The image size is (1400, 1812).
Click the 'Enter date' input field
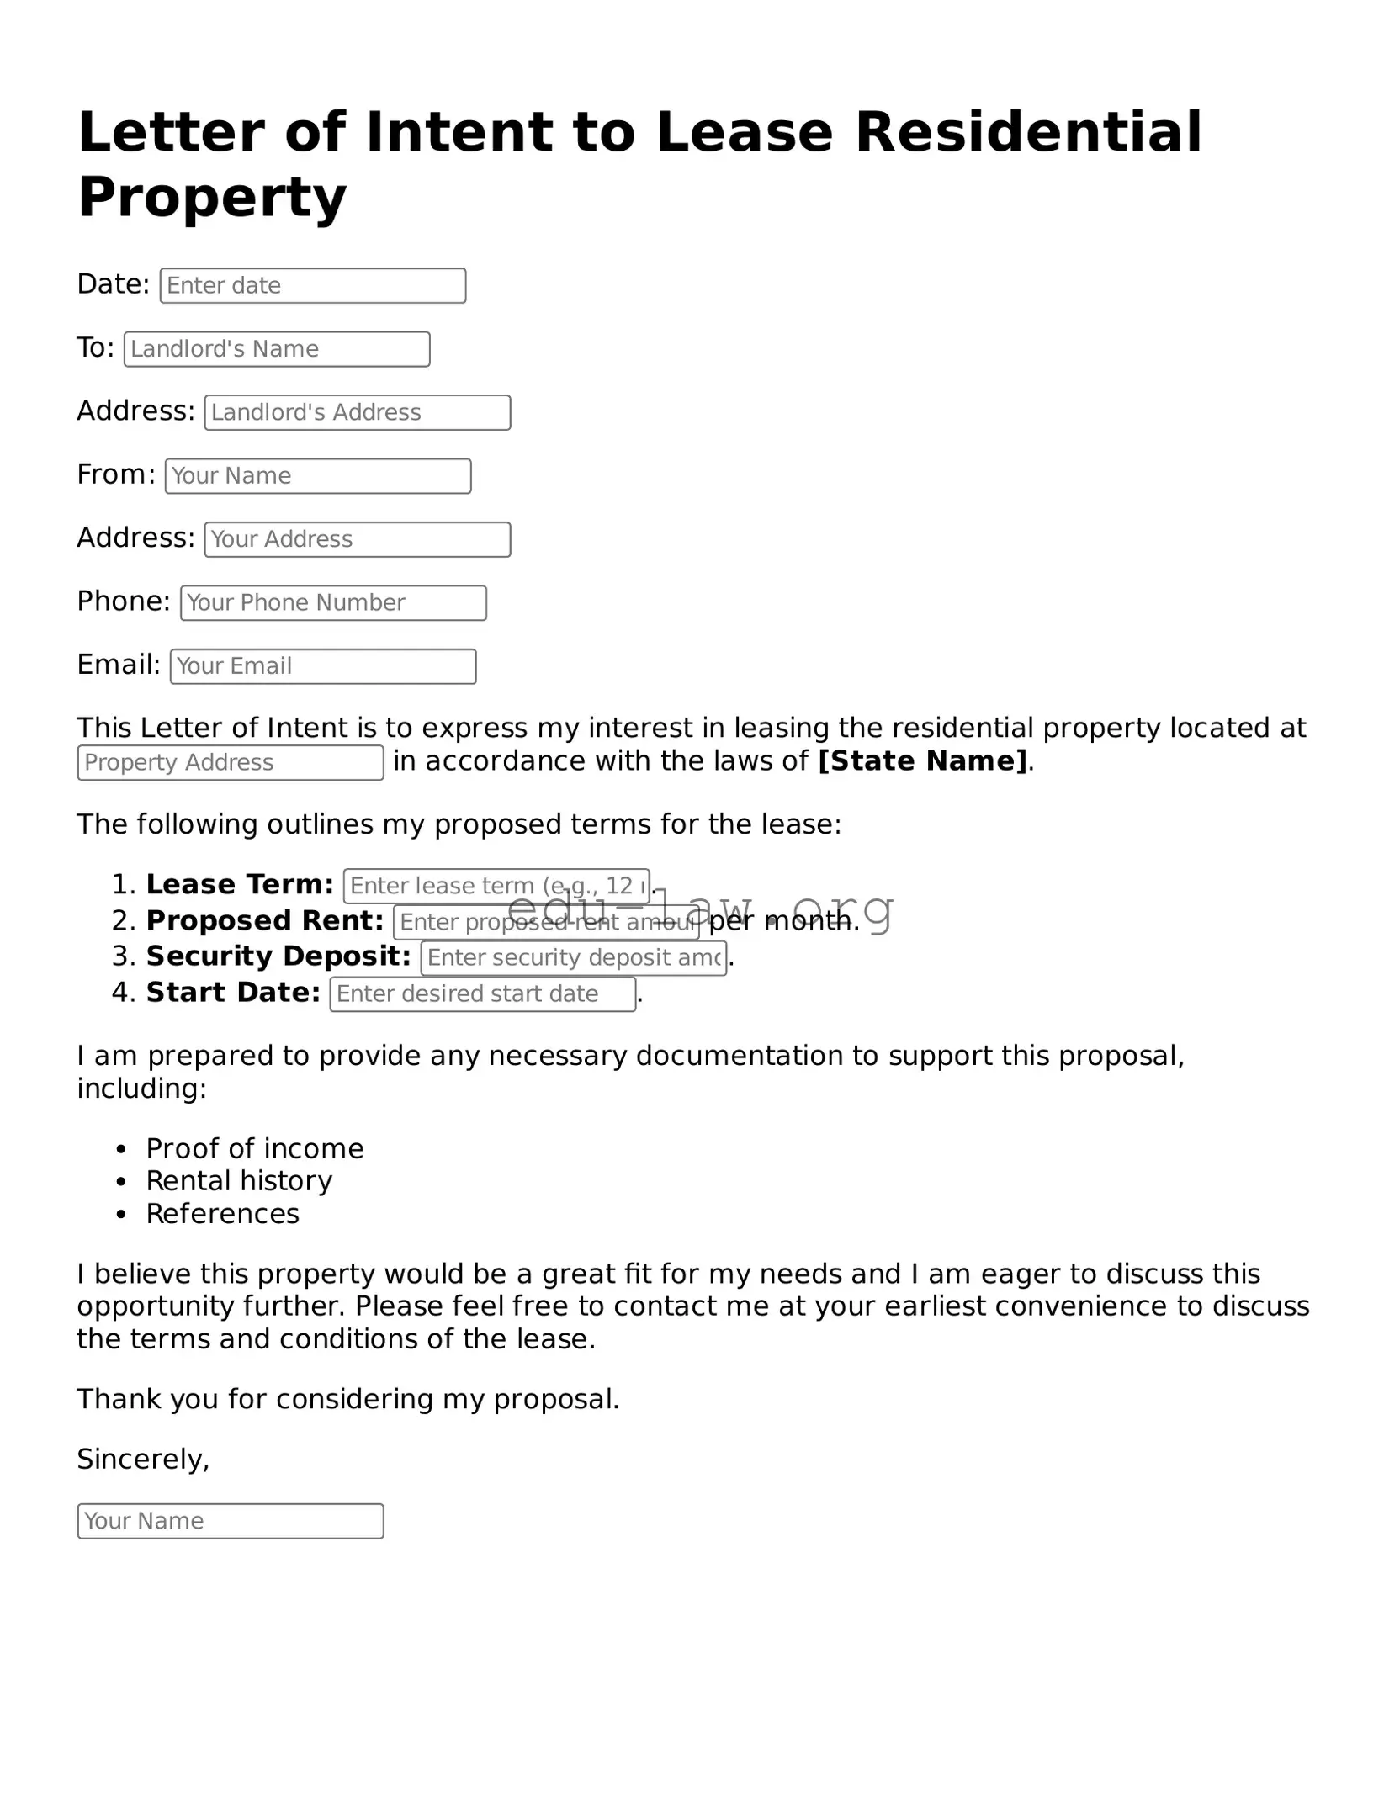point(312,286)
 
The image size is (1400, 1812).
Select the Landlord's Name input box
point(277,349)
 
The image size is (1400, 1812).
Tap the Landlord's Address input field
point(357,413)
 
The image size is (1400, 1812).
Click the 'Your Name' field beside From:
point(317,476)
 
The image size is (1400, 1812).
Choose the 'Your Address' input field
point(357,540)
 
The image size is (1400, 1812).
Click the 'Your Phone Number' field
point(333,603)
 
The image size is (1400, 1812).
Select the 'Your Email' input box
point(322,666)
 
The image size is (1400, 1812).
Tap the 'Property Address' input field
point(230,763)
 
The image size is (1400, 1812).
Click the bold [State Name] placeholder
point(922,761)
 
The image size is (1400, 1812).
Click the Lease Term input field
point(496,886)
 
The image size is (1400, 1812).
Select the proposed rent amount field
point(545,923)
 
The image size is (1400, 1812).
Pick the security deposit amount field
point(573,958)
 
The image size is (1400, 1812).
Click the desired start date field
point(482,994)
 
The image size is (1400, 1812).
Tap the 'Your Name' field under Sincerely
point(230,1521)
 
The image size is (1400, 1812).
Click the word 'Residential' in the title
point(1028,133)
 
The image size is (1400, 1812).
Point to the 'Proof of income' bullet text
point(254,1149)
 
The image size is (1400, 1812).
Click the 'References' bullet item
point(222,1214)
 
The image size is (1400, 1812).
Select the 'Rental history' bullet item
point(239,1181)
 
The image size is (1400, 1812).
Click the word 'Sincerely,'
point(143,1459)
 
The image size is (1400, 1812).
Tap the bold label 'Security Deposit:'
point(278,956)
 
